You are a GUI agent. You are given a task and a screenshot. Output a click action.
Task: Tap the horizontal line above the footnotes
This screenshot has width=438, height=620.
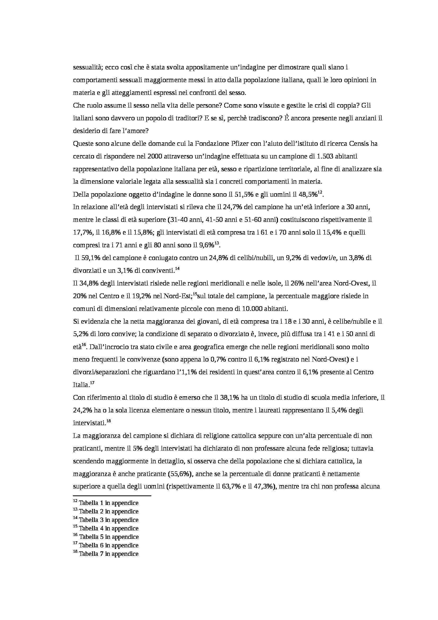coord(112,496)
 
